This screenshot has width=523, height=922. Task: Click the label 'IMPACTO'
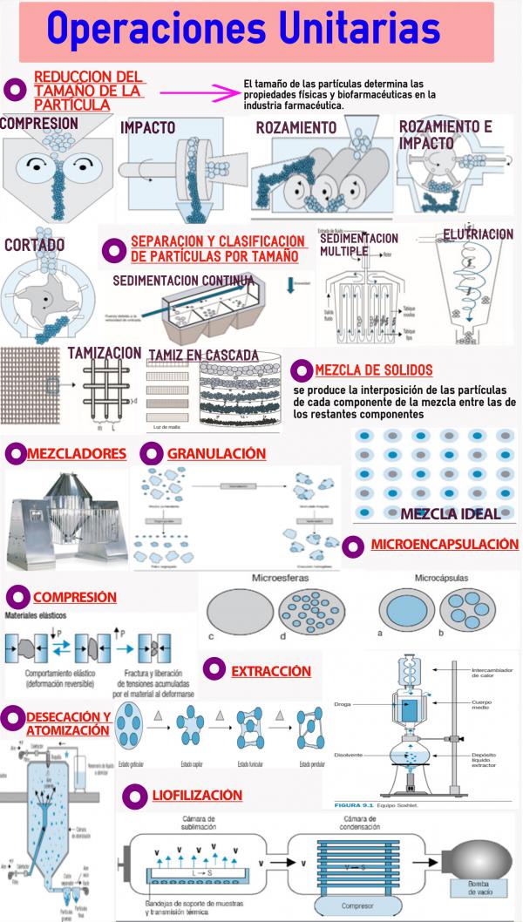click(x=148, y=127)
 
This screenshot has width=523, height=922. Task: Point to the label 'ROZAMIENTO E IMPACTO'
click(x=445, y=134)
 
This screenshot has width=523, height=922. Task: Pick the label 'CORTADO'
click(x=34, y=245)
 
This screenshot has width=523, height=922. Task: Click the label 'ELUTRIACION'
click(x=478, y=234)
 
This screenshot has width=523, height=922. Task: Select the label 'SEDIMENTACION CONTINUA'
click(x=184, y=280)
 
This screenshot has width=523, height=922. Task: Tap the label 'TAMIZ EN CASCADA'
click(x=203, y=355)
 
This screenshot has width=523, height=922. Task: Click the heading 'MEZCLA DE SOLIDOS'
click(x=373, y=370)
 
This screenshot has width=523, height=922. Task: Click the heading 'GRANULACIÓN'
click(x=216, y=454)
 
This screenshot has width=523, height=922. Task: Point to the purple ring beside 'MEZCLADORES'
click(x=16, y=454)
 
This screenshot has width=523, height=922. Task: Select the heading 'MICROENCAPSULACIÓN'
click(x=444, y=545)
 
